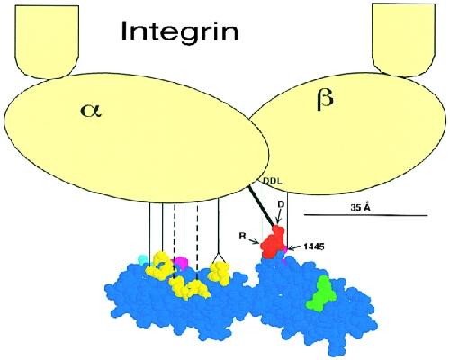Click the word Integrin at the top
(180, 31)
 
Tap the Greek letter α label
(91, 111)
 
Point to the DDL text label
(272, 181)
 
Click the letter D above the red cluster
(281, 204)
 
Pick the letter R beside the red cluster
(243, 237)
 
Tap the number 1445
(314, 247)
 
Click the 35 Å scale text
(360, 207)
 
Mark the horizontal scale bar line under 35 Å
(365, 215)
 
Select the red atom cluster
(274, 242)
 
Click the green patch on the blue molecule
(322, 293)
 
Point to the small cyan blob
(142, 259)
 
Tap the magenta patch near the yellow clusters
(181, 262)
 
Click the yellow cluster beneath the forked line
(220, 272)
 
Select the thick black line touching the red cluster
(261, 206)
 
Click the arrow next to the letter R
(253, 240)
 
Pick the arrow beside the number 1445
(295, 247)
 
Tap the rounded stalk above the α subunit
(47, 41)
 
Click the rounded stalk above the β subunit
(403, 40)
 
